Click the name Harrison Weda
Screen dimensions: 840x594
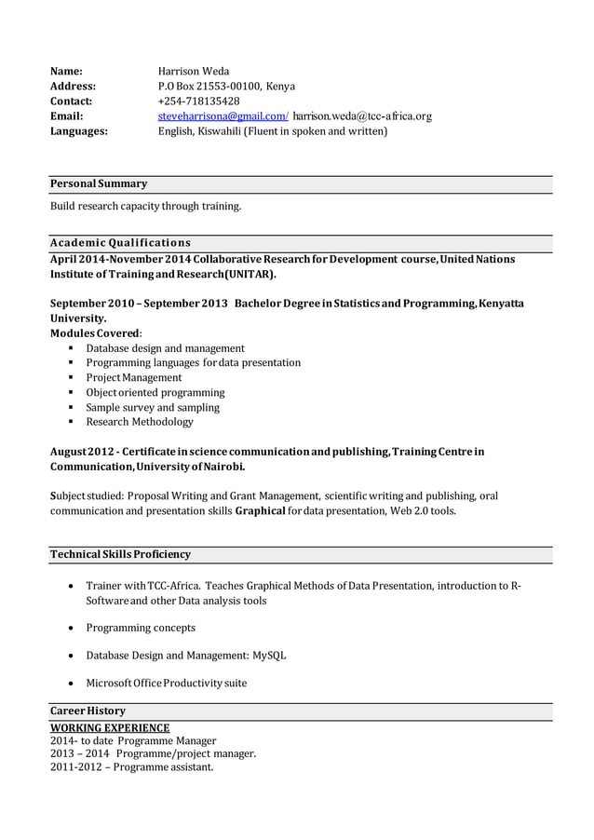[193, 71]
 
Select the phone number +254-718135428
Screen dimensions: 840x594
[198, 101]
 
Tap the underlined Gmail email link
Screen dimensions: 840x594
[223, 116]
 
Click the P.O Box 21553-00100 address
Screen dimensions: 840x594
[226, 86]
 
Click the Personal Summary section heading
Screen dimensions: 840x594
[98, 183]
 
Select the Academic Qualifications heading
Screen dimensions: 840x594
[120, 243]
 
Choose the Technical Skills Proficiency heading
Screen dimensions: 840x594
[120, 554]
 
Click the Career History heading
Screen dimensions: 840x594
[88, 711]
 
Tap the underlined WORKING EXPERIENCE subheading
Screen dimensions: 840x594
[109, 727]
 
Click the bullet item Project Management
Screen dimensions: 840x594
[133, 377]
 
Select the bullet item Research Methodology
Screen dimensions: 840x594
[140, 422]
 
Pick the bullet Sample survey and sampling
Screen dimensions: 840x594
[153, 407]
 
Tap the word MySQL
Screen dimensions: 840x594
[269, 656]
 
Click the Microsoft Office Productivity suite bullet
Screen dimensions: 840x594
[167, 683]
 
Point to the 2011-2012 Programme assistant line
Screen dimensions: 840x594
[131, 767]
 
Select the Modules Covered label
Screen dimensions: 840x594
[94, 332]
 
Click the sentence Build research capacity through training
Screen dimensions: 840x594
[144, 205]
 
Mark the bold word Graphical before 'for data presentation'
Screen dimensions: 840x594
[260, 510]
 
